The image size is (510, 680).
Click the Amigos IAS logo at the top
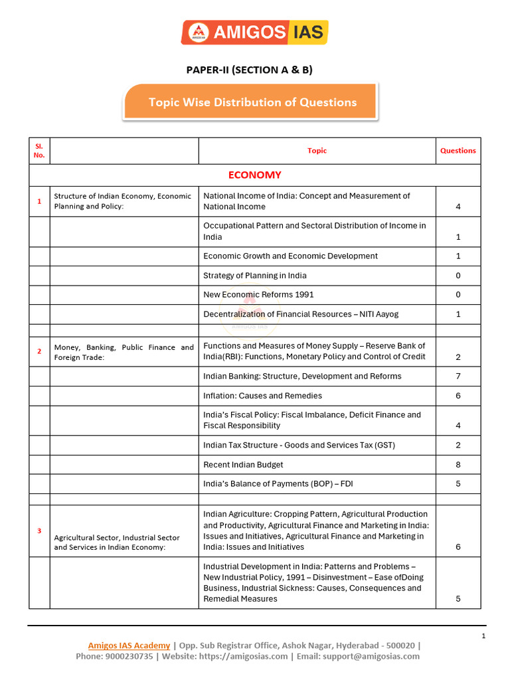coord(254,32)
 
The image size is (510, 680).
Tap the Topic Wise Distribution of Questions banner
coord(252,102)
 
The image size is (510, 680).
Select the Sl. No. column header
coord(39,151)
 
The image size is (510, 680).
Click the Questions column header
coord(458,151)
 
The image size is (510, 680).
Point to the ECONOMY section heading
coord(254,175)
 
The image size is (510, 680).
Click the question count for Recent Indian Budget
coord(458,465)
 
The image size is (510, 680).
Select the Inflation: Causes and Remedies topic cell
coord(262,396)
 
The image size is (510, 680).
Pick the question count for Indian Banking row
coord(458,377)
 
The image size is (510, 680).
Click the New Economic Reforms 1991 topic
coord(258,295)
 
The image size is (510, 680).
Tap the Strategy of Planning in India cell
coord(255,276)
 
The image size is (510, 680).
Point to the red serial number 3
coord(39,531)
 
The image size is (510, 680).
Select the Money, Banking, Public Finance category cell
coord(124,352)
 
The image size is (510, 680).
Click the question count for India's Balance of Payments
coord(458,484)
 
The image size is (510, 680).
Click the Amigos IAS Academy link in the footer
coord(129,645)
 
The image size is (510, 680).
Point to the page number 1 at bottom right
coord(483,637)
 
